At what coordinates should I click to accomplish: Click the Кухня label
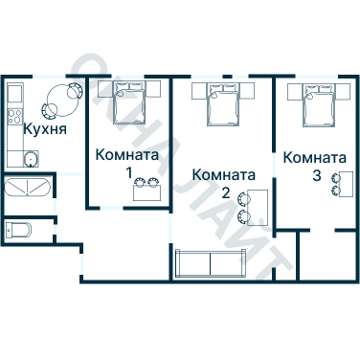pyautogui.click(x=44, y=129)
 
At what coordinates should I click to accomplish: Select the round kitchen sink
pyautogui.click(x=31, y=160)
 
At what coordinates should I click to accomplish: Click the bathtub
pyautogui.click(x=27, y=187)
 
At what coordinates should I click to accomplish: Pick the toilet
pyautogui.click(x=19, y=231)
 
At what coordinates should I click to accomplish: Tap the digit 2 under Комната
pyautogui.click(x=225, y=192)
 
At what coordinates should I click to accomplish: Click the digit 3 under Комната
pyautogui.click(x=316, y=176)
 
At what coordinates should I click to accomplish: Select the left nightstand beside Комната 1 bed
pyautogui.click(x=101, y=89)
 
